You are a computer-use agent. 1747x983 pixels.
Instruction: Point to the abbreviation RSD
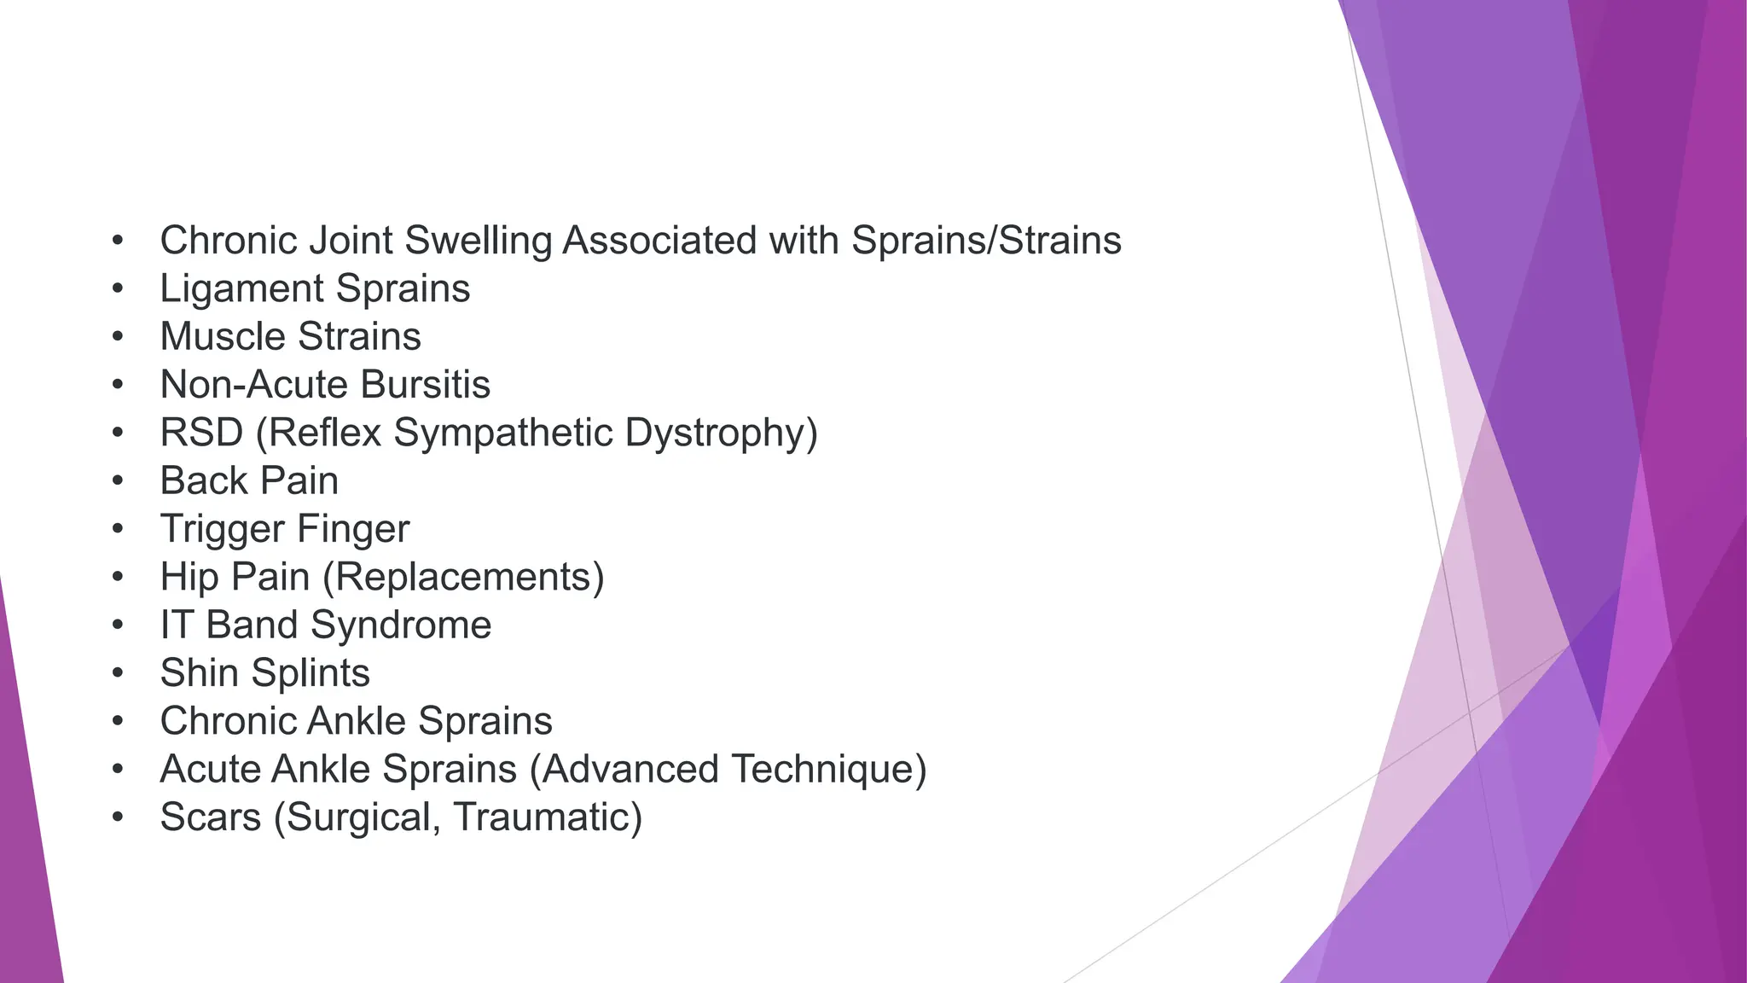[x=201, y=433]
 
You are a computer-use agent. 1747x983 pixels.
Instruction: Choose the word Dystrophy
[x=721, y=433]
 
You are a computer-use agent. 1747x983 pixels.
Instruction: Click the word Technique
[x=827, y=770]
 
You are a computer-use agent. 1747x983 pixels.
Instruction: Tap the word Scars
[x=210, y=817]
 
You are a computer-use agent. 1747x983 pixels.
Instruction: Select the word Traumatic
[x=547, y=817]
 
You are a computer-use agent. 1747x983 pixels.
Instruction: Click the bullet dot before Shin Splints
[x=119, y=673]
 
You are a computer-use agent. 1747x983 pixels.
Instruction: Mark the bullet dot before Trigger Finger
[x=119, y=529]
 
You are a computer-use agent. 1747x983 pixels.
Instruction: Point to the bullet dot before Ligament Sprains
[x=119, y=288]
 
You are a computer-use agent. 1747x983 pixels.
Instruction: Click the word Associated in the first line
[x=659, y=241]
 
